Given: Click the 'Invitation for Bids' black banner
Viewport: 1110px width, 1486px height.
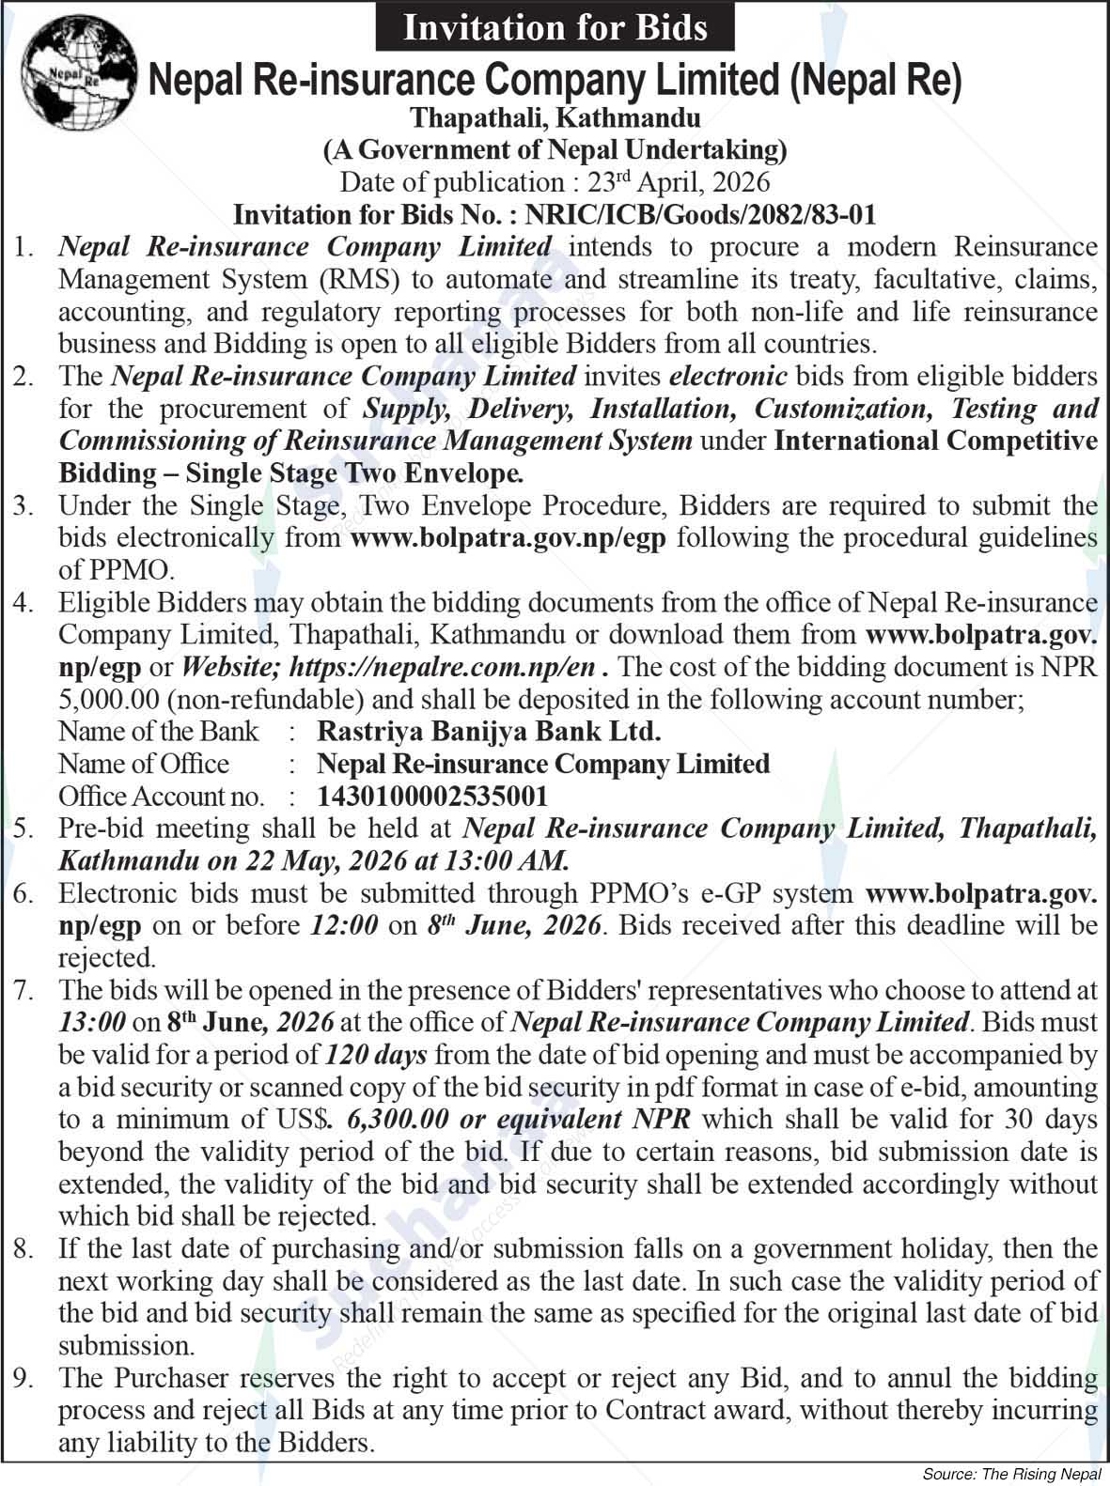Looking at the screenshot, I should pyautogui.click(x=555, y=27).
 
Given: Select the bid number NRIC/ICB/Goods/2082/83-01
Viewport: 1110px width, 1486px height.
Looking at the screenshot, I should pyautogui.click(x=701, y=215).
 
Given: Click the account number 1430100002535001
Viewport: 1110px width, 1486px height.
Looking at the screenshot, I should pyautogui.click(x=432, y=797).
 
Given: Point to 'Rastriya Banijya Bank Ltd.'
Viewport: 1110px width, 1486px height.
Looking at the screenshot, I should pyautogui.click(x=489, y=731).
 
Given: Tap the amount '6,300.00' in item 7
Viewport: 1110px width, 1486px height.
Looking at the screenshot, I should pyautogui.click(x=386, y=1120).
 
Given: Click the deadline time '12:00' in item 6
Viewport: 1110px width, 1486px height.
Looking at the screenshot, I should pyautogui.click(x=344, y=925).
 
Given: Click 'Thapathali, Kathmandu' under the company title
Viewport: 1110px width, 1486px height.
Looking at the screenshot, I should pyautogui.click(x=555, y=118).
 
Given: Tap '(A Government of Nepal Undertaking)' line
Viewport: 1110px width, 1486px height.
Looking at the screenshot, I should pyautogui.click(x=555, y=148).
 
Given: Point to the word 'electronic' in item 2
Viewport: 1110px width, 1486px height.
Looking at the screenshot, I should pyautogui.click(x=728, y=377).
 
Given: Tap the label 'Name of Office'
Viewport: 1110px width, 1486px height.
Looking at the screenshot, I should pyautogui.click(x=143, y=764).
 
